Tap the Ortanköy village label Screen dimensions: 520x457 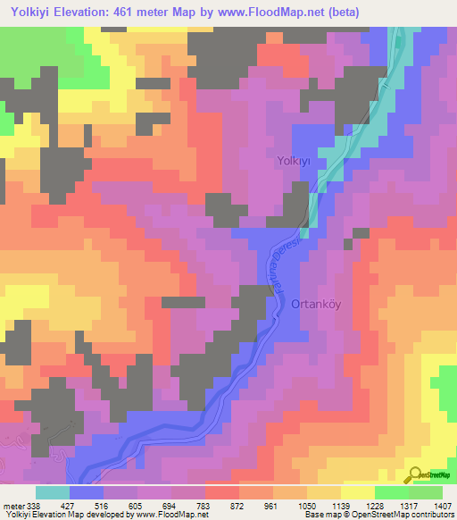click(317, 304)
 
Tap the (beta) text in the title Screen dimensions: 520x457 click(430, 12)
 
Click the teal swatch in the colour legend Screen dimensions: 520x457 click(52, 492)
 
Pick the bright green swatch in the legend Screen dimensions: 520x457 click(391, 492)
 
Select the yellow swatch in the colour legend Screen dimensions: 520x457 click(357, 492)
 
